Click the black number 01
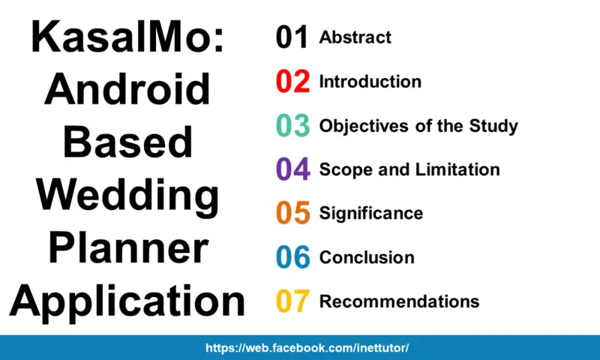point(292,37)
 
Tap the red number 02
point(292,82)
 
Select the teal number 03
point(292,126)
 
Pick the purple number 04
point(292,169)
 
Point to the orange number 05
point(292,214)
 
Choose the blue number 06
point(292,258)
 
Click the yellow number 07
point(292,301)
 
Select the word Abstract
point(355,37)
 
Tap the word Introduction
point(370,82)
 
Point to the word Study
point(493,126)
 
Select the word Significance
point(371,214)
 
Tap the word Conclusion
point(367,258)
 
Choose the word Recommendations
point(400,301)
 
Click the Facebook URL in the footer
point(307,349)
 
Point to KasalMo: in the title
point(127,37)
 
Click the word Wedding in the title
point(127,196)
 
